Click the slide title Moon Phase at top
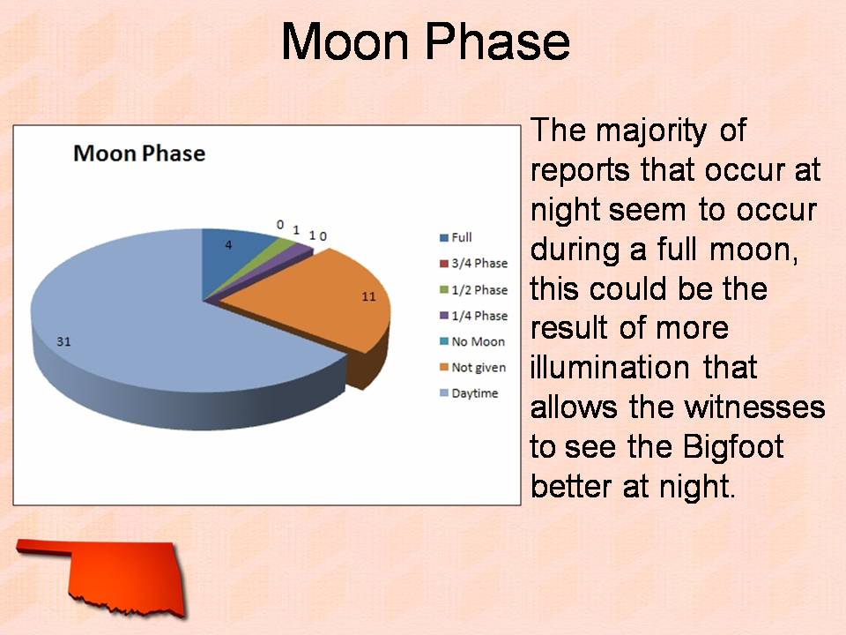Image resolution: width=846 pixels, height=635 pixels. point(425,41)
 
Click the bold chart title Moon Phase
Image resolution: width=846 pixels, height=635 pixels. point(139,153)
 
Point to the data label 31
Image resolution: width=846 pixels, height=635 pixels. point(63,341)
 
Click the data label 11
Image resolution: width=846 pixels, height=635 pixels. point(368,296)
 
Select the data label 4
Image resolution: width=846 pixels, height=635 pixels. point(228,245)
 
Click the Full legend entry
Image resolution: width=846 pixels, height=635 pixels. point(456,237)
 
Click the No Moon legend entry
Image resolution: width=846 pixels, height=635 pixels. point(472,342)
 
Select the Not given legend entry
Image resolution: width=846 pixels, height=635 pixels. point(472,368)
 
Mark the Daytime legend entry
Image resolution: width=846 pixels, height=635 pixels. point(469,393)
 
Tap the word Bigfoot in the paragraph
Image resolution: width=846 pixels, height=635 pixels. point(732,447)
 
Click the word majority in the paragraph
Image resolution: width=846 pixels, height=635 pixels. point(651,131)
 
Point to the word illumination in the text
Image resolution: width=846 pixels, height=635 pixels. point(610,368)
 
